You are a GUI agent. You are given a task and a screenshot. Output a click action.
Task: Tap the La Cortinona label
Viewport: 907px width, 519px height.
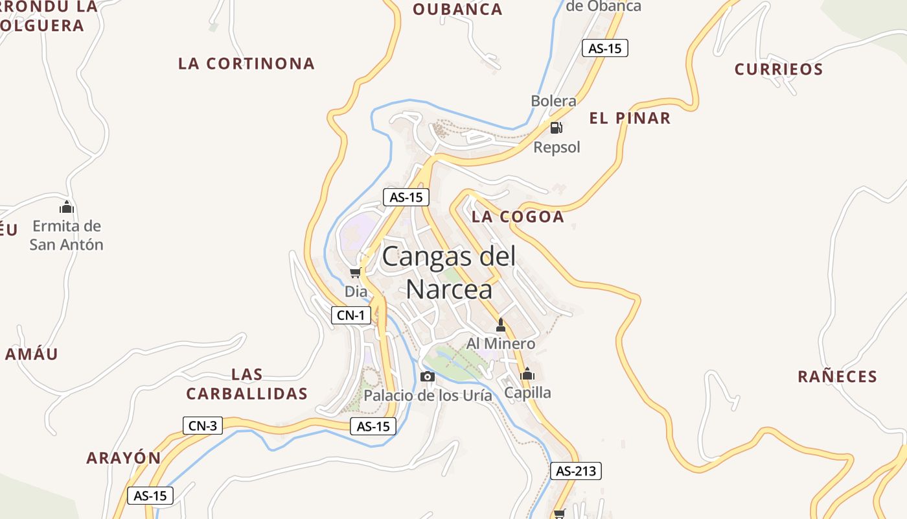click(246, 64)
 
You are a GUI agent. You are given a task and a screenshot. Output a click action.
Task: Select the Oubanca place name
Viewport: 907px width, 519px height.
click(457, 9)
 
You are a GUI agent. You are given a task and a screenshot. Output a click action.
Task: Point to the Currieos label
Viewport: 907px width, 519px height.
click(779, 69)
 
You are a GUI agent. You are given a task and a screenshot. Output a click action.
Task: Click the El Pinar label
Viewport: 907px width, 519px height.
click(630, 118)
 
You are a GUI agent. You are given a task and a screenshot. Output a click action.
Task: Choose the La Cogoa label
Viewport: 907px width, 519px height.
click(518, 217)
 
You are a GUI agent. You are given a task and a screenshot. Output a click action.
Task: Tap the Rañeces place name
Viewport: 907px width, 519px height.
click(837, 376)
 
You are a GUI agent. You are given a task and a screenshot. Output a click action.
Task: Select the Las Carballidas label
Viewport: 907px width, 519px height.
click(247, 384)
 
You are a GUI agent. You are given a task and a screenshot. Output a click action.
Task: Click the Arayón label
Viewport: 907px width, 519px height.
click(124, 457)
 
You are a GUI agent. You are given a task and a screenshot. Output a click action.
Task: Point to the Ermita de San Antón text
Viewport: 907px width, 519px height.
click(67, 235)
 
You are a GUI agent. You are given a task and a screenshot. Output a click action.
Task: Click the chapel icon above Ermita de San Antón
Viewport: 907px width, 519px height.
click(67, 208)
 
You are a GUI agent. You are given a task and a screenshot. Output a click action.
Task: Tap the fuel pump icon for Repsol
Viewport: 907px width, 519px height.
click(556, 128)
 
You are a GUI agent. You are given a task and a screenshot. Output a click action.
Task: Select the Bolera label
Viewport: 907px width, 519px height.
click(553, 101)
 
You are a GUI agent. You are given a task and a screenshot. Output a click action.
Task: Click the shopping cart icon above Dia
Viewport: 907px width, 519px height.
click(355, 272)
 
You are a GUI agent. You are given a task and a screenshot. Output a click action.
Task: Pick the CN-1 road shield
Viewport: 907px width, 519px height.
click(352, 316)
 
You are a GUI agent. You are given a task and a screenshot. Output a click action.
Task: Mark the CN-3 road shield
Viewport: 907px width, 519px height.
click(202, 426)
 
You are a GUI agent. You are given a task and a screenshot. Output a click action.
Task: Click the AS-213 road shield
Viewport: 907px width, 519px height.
click(576, 471)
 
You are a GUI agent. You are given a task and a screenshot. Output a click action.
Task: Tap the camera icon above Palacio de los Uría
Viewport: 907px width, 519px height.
click(428, 377)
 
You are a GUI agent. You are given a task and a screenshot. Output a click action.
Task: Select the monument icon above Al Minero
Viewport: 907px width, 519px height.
click(500, 325)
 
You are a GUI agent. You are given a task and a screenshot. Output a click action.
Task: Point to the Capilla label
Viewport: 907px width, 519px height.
click(527, 392)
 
